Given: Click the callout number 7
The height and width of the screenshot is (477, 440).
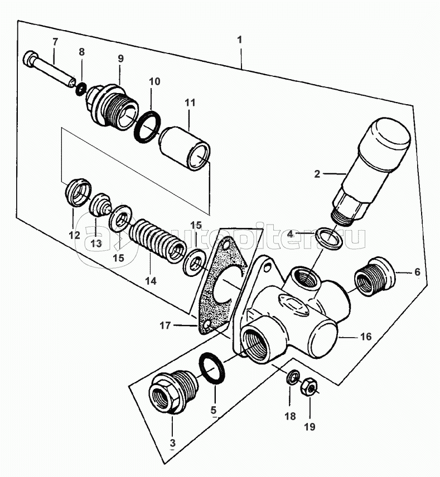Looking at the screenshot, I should pos(54,42).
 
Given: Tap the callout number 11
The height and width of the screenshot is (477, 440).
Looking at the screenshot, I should pos(189,103).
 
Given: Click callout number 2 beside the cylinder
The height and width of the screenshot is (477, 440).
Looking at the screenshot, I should pos(317,174).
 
